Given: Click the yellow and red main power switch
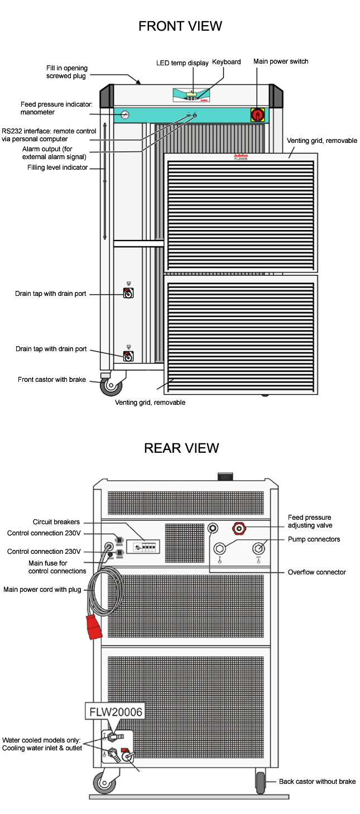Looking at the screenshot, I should [x=258, y=114].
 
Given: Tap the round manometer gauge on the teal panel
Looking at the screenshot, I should [x=123, y=115].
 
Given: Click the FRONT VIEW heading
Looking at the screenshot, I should [x=180, y=26].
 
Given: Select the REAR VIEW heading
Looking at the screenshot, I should [x=181, y=448].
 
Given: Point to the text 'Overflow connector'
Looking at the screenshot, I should [x=316, y=572].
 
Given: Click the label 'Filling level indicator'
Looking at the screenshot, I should [x=58, y=167].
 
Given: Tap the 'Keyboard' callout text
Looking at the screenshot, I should [x=226, y=62].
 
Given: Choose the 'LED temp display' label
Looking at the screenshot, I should [x=182, y=63].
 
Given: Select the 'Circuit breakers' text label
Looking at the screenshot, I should [x=56, y=522].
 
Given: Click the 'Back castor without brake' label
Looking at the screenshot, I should [x=317, y=782].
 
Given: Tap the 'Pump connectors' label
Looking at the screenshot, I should [x=314, y=539].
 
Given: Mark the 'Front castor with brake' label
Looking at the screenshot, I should [x=52, y=380].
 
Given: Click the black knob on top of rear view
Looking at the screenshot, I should [x=224, y=476].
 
